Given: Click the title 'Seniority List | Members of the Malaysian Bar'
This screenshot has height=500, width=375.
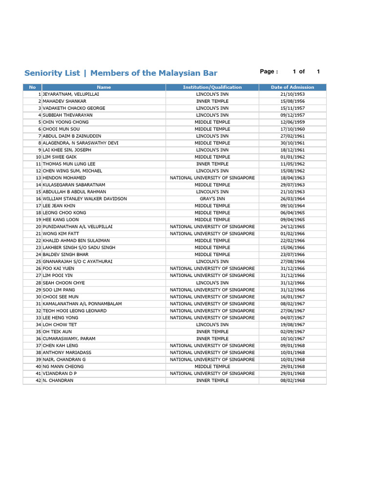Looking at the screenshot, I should click(x=121, y=73).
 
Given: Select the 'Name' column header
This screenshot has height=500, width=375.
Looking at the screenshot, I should click(x=104, y=87).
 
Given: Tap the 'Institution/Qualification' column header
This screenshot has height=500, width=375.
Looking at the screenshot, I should click(x=212, y=87).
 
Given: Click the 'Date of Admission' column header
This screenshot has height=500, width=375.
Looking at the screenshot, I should click(x=292, y=87).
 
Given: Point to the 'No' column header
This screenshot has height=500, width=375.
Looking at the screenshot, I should click(x=32, y=87).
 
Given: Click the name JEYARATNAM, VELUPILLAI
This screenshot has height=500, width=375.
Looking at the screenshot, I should click(x=71, y=94).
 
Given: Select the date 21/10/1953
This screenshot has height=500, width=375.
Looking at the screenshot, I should click(x=292, y=94).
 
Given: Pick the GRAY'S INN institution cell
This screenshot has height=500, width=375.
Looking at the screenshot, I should click(x=212, y=199).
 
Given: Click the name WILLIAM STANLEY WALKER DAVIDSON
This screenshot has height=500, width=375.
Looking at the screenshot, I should click(x=84, y=199).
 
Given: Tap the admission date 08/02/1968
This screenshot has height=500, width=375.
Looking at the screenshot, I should click(x=292, y=380).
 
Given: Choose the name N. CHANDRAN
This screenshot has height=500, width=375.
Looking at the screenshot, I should click(x=58, y=380).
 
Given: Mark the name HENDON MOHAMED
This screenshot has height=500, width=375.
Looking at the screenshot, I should click(x=64, y=178).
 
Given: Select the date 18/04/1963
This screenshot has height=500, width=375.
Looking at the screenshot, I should click(x=292, y=178).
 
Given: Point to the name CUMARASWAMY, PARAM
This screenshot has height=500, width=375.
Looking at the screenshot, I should click(x=69, y=338).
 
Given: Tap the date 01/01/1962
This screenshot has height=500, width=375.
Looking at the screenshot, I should click(x=292, y=157).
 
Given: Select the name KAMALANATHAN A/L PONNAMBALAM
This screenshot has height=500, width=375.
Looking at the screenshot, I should click(x=82, y=304).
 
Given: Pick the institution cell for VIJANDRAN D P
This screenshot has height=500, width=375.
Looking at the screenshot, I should click(x=212, y=374).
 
